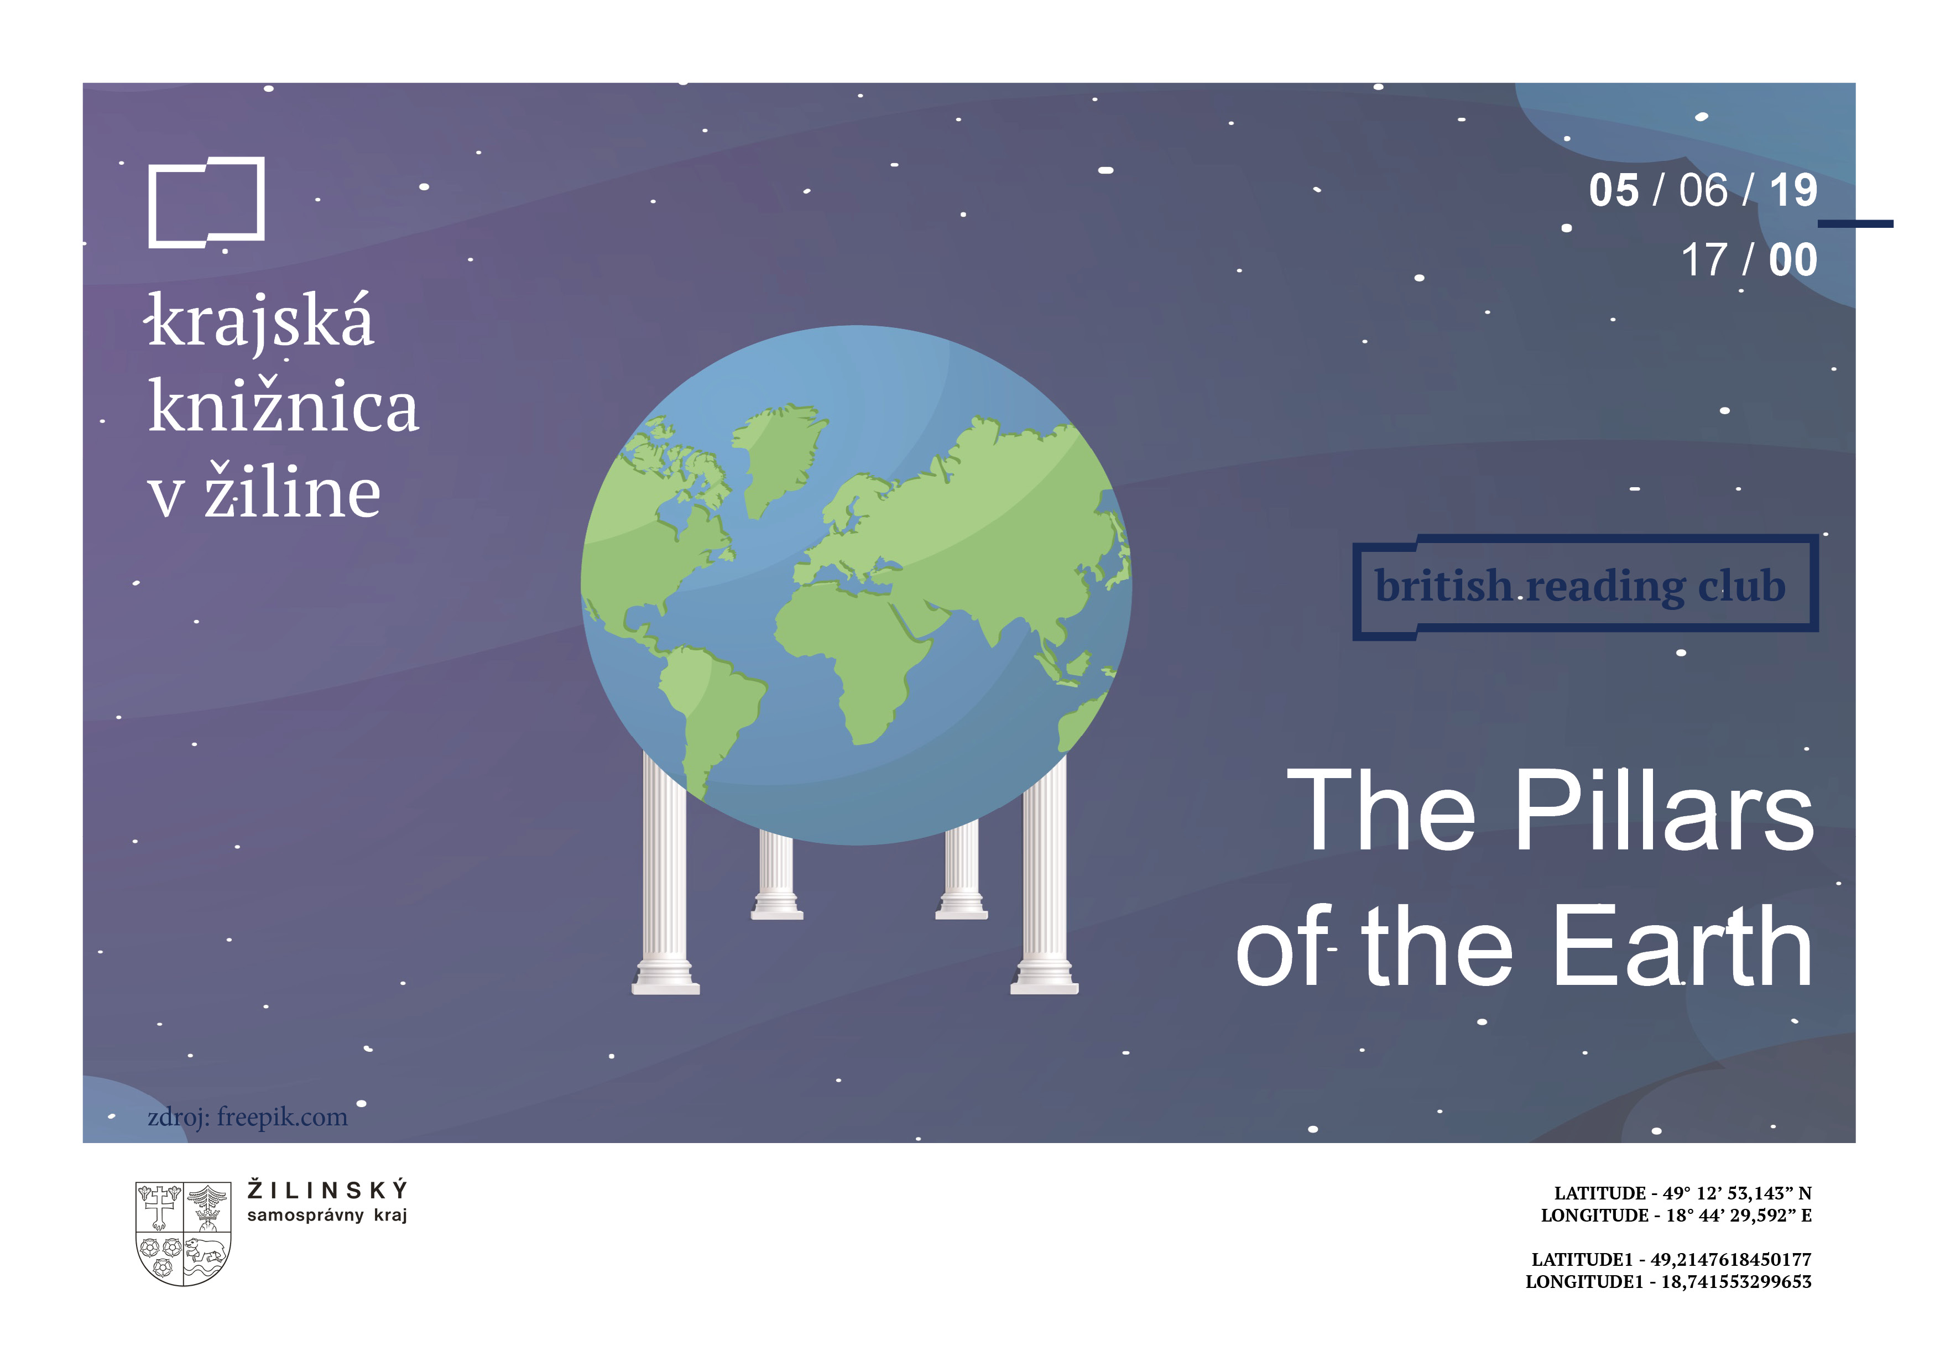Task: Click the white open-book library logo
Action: point(150,203)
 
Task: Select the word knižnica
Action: point(283,405)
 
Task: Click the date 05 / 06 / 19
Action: point(1703,190)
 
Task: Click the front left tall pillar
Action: point(665,879)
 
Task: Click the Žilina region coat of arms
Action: point(184,1233)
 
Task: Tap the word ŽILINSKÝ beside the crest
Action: point(328,1191)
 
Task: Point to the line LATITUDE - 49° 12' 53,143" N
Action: point(1682,1193)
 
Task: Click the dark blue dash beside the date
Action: point(1855,224)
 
